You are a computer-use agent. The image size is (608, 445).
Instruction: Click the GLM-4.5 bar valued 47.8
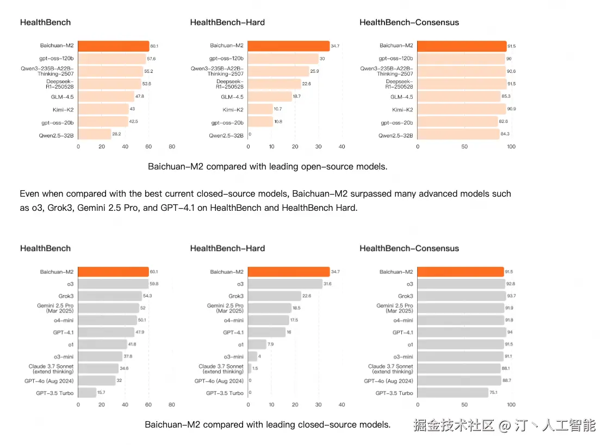pos(106,97)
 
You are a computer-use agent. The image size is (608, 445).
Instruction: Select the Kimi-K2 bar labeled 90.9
pos(462,109)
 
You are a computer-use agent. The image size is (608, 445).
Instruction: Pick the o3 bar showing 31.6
pos(285,284)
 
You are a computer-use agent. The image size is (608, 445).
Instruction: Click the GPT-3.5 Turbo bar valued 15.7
pos(87,393)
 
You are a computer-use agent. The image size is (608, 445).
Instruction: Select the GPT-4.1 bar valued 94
pos(462,332)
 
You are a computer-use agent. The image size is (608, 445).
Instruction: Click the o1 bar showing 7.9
pos(257,344)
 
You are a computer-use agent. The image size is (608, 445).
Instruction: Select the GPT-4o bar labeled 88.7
pos(459,381)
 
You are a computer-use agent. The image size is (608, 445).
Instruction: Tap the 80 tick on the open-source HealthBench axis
pos(172,147)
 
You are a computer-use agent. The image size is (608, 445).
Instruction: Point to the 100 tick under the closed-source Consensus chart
pos(511,405)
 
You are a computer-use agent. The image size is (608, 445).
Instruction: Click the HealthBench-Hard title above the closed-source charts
pos(227,248)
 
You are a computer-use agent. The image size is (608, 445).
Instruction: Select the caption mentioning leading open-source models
pos(268,167)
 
